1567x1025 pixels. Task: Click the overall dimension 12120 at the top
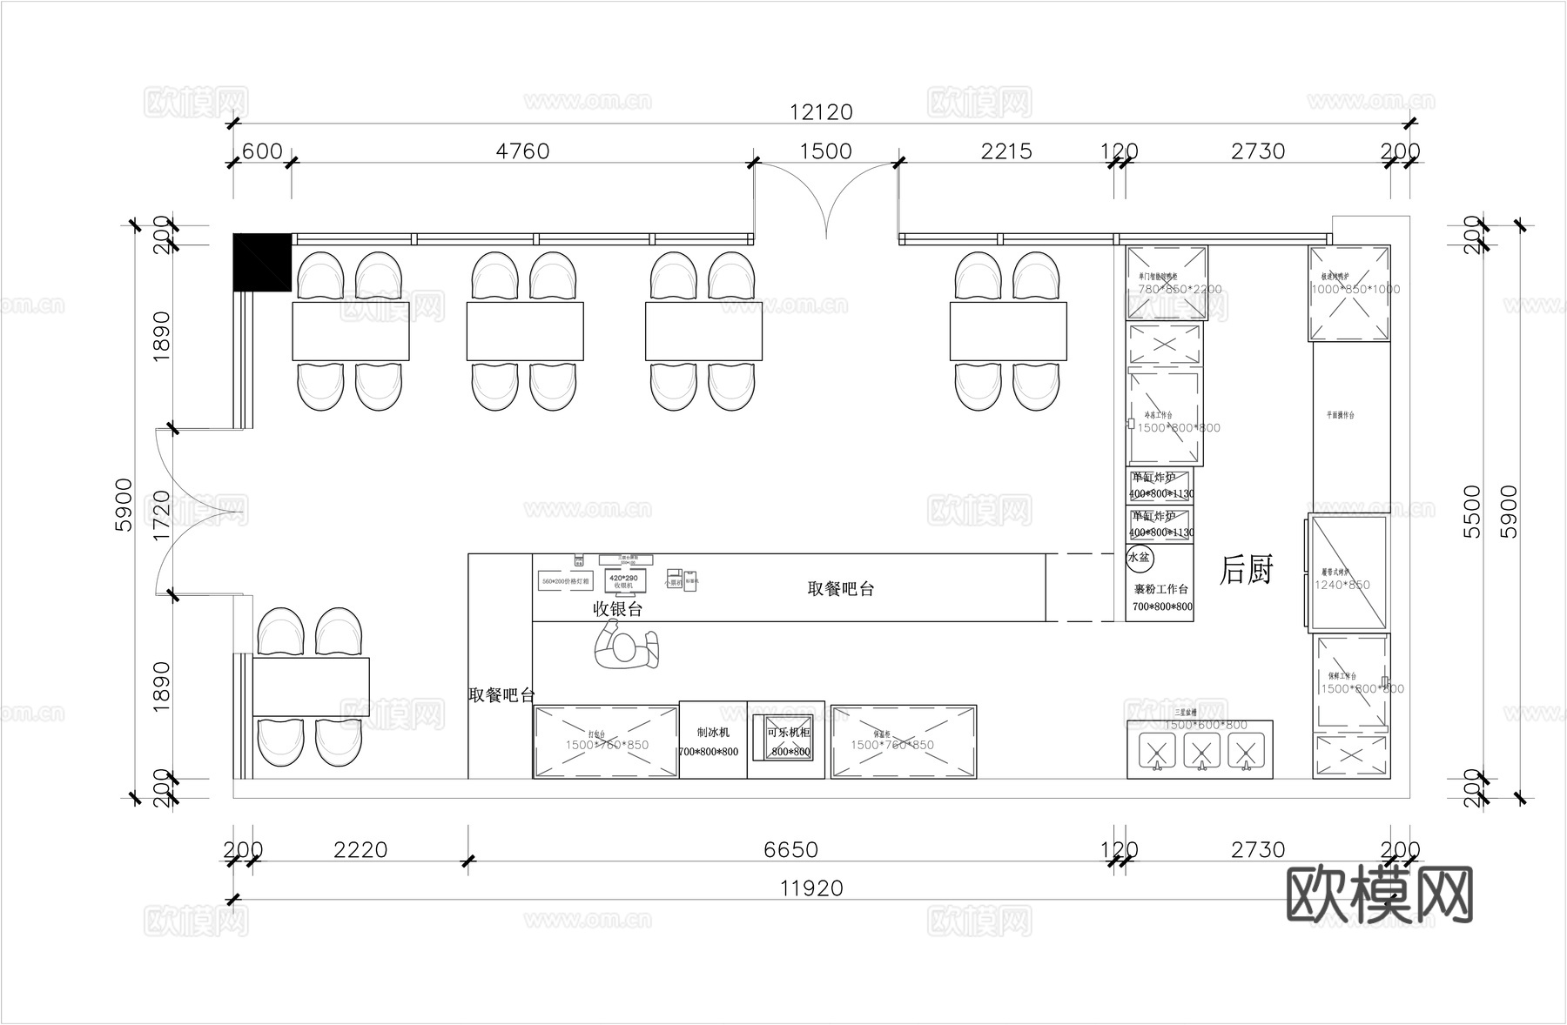point(821,112)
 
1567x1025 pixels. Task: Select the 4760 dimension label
point(522,151)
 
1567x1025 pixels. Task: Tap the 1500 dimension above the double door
point(825,151)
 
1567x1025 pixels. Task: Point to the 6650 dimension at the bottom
point(790,849)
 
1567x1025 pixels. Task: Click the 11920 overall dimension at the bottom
point(811,888)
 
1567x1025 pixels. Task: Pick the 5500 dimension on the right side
point(1471,511)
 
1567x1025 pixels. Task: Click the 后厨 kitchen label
point(1246,570)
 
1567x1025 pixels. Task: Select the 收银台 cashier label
point(617,609)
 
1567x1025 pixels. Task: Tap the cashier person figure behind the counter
point(625,649)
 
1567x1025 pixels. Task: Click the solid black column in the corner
point(261,262)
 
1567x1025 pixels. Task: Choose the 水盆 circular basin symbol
point(1139,557)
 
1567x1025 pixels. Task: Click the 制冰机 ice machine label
point(713,733)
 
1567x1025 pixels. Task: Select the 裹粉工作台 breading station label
point(1161,589)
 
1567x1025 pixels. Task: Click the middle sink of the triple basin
point(1201,750)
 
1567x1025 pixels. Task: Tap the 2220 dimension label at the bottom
point(360,849)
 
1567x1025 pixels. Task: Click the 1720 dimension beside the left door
point(162,515)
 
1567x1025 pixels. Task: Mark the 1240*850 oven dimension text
point(1342,585)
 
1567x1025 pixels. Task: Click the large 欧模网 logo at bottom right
point(1379,894)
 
